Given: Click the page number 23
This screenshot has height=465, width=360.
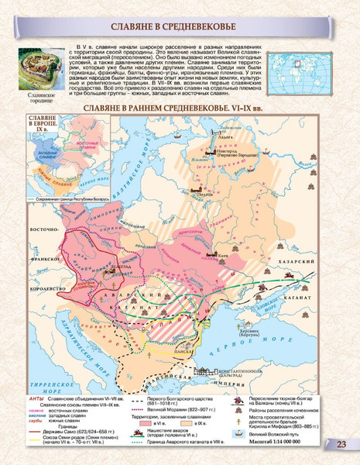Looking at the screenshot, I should tap(341, 443).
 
